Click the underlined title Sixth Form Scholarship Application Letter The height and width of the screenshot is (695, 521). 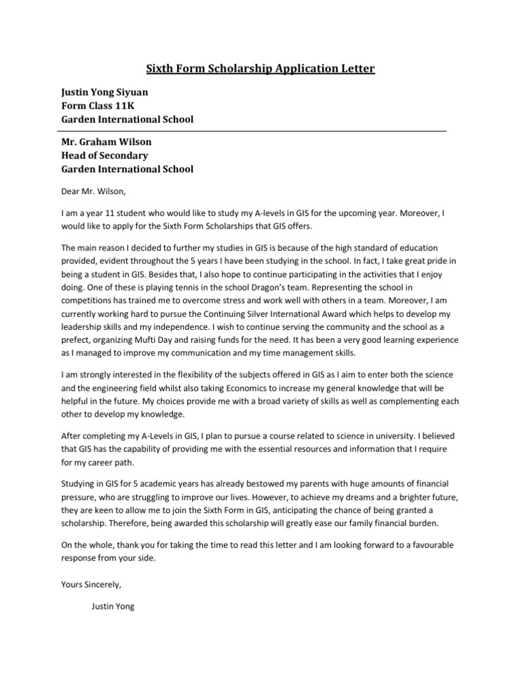(x=260, y=69)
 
